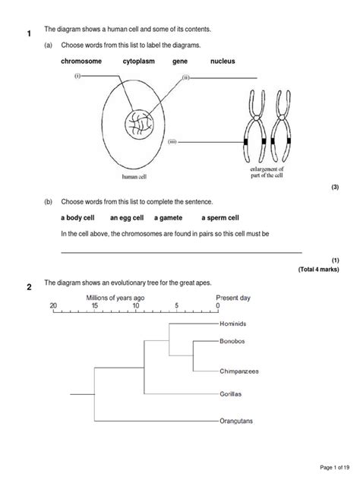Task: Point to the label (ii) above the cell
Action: pos(185,77)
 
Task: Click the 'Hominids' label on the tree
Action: pos(235,323)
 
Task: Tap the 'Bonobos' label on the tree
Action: pos(234,343)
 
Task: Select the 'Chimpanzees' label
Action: pos(239,371)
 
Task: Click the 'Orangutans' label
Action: pos(238,420)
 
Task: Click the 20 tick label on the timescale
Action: pos(53,305)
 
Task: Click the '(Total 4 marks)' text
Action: pos(317,269)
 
